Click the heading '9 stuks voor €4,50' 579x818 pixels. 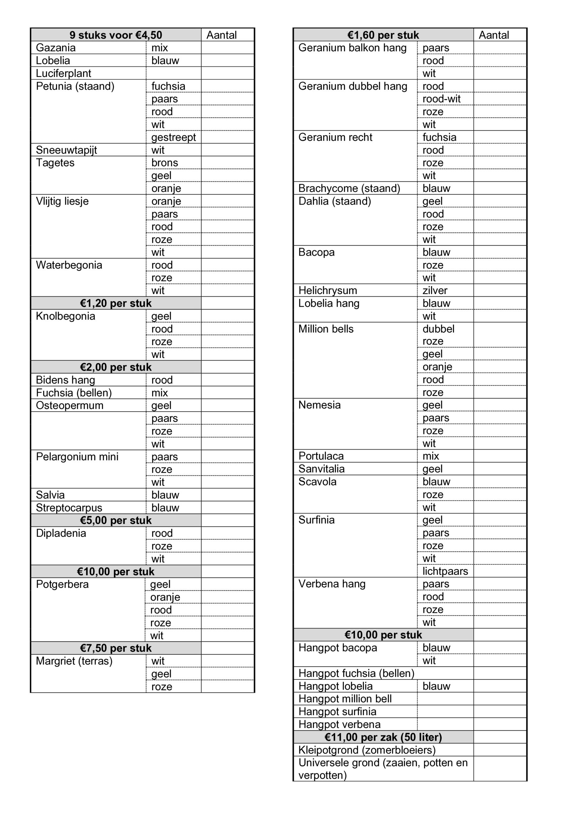pos(116,35)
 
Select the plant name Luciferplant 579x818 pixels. pos(63,73)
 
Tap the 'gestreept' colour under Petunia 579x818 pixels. pos(173,137)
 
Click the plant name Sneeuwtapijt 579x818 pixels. pos(66,150)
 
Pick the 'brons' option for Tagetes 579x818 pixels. pos(164,163)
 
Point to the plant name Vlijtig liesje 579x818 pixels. pos(62,201)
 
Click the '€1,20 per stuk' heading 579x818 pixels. pos(116,303)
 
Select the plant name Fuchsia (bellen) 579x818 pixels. pos(74,393)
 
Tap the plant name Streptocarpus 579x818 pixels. pos(69,508)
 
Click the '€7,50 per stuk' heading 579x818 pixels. pos(116,648)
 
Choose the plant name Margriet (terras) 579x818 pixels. pos(74,661)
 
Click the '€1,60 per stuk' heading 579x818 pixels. pos(383,35)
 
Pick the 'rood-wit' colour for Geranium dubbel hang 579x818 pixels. pos(442,99)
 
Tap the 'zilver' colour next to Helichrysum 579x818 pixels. pos(434,290)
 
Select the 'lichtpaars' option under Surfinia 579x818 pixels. pos(445,571)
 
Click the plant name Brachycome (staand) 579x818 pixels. pos(349,188)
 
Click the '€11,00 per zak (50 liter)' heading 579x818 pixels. pos(383,737)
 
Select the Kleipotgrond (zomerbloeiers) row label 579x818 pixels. pos(367,750)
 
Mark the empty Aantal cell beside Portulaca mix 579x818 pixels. pos(500,456)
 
